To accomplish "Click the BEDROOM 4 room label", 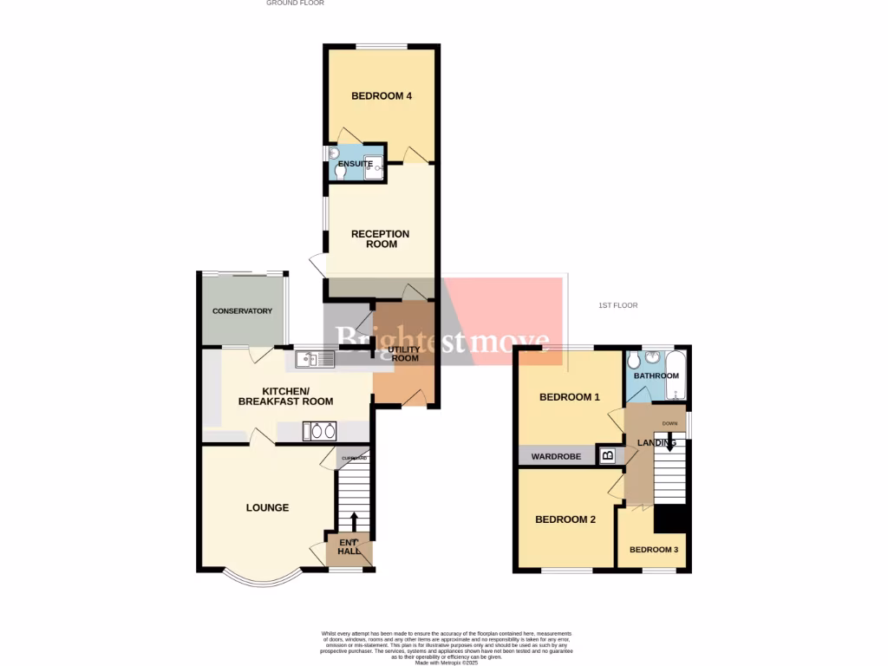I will coord(381,96).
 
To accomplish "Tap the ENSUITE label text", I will coord(356,164).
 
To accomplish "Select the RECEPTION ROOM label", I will coord(381,239).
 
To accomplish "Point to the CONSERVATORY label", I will coord(242,311).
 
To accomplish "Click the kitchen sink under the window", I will coord(314,358).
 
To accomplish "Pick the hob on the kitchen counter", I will coord(319,431).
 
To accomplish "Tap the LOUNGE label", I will coord(267,508).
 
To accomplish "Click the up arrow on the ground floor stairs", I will coord(354,521).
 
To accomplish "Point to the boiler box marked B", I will coord(608,454).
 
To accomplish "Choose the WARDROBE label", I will coord(556,456).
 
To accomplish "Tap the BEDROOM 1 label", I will coord(569,398).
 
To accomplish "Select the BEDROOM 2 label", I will coord(565,520).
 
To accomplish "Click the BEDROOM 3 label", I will coord(655,550).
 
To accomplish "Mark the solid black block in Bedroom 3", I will coord(671,519).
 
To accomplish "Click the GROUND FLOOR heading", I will coord(295,3).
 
